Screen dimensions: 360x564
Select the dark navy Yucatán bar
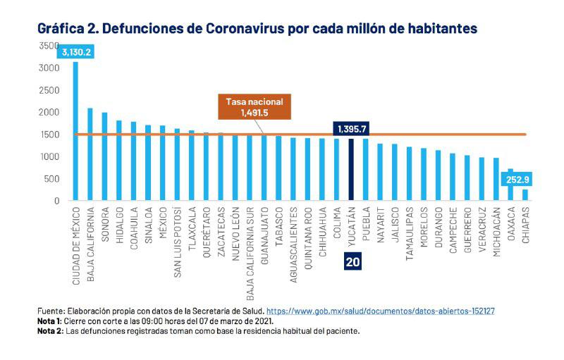coord(350,169)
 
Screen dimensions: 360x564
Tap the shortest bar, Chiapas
coord(525,194)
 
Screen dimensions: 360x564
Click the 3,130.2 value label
coord(76,52)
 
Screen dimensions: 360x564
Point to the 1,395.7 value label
coord(350,129)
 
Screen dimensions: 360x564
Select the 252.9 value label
coord(518,180)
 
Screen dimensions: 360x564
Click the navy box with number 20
coord(353,261)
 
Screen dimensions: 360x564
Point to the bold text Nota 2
coord(49,330)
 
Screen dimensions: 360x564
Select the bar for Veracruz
coord(482,179)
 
